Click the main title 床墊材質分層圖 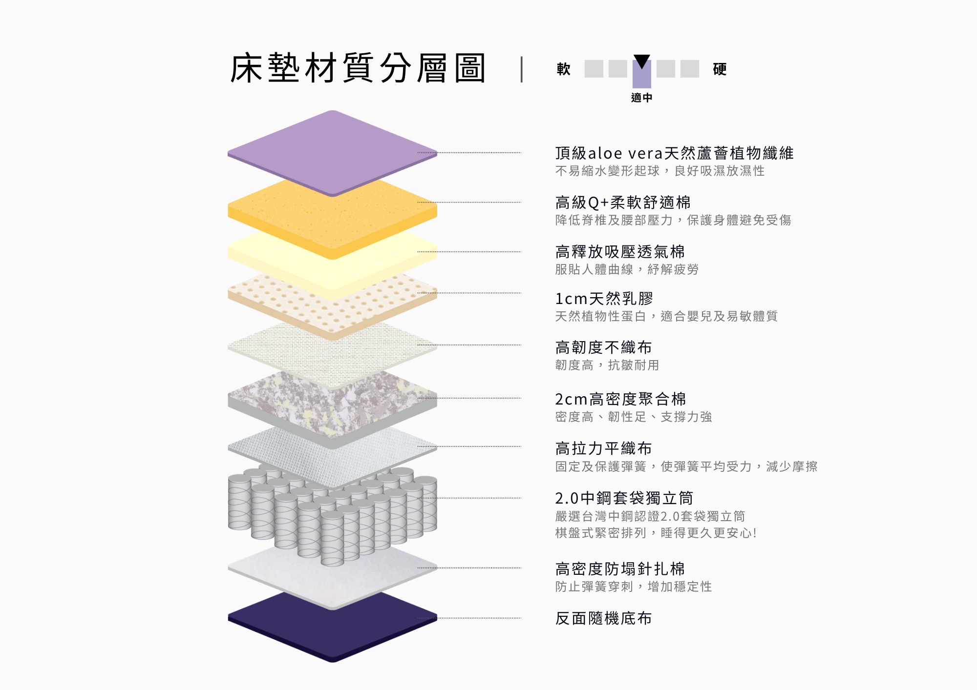(x=358, y=68)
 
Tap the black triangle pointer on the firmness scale (x=641, y=61)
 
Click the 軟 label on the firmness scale (x=563, y=69)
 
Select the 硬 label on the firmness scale (x=720, y=69)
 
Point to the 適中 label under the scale (x=641, y=98)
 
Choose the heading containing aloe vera (x=674, y=153)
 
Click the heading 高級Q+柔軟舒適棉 (x=623, y=203)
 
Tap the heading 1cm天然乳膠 (x=604, y=298)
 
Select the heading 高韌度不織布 (x=603, y=347)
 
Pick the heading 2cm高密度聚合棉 (x=620, y=399)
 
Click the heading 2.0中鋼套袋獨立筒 (x=624, y=498)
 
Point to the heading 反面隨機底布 (x=603, y=618)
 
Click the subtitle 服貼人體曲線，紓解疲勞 (x=627, y=269)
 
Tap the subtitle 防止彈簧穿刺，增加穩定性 (x=633, y=587)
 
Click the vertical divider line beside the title (x=522, y=69)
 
